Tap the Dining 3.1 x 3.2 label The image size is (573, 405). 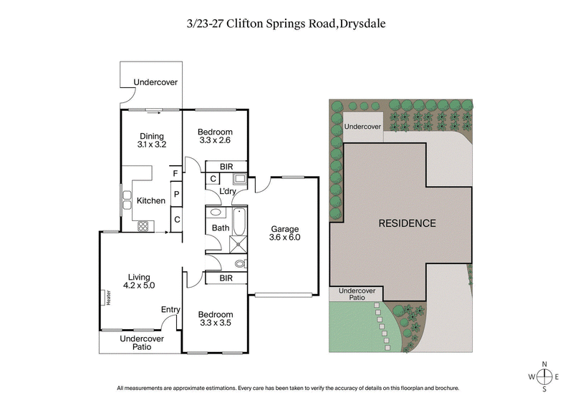[x=151, y=140]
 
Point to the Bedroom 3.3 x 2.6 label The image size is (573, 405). [x=215, y=136]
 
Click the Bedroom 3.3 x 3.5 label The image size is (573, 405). [x=215, y=318]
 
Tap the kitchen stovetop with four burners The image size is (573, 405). [x=143, y=226]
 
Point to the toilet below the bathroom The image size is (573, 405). [x=239, y=264]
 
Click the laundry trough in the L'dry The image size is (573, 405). [x=241, y=179]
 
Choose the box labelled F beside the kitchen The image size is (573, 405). [x=175, y=173]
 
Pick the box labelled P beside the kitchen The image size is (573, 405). [x=175, y=195]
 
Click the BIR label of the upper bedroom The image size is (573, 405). [x=226, y=166]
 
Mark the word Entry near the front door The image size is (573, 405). [x=170, y=309]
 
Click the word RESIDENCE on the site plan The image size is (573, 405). [x=406, y=223]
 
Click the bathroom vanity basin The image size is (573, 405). [x=215, y=213]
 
